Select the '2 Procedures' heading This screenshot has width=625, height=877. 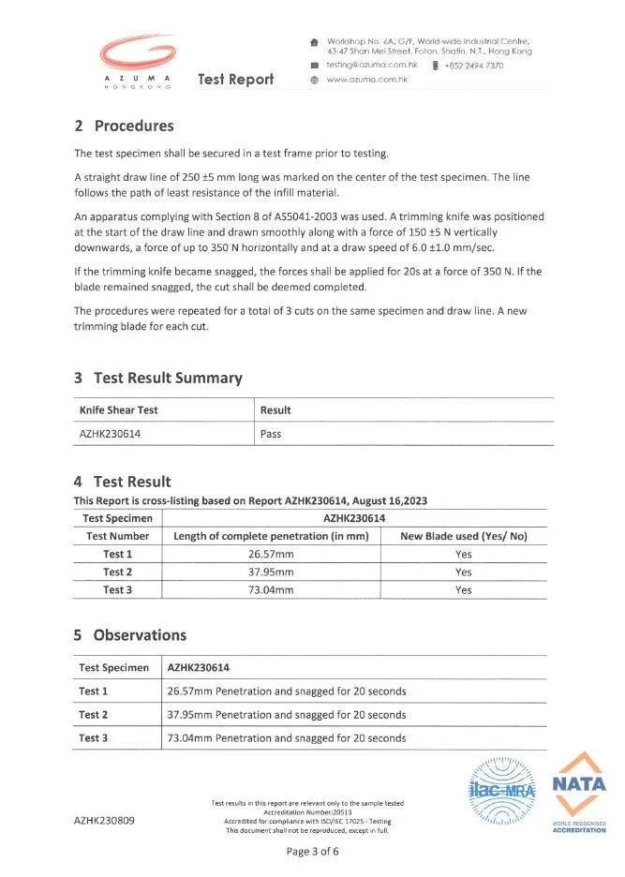click(x=124, y=126)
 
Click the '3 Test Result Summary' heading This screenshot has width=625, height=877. click(x=158, y=378)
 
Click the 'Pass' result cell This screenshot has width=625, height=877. click(x=271, y=434)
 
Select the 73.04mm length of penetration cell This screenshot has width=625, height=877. click(x=271, y=590)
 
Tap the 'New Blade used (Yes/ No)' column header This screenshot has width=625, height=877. click(x=463, y=536)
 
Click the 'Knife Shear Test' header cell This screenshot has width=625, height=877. click(x=118, y=410)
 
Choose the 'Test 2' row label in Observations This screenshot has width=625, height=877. click(x=93, y=715)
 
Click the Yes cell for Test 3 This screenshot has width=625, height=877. click(x=463, y=590)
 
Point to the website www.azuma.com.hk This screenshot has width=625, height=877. click(x=367, y=80)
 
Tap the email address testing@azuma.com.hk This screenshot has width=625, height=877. click(x=370, y=66)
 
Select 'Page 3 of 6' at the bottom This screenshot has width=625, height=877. click(x=312, y=852)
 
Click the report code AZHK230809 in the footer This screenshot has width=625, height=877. click(x=105, y=821)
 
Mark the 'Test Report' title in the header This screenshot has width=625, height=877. click(x=236, y=80)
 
